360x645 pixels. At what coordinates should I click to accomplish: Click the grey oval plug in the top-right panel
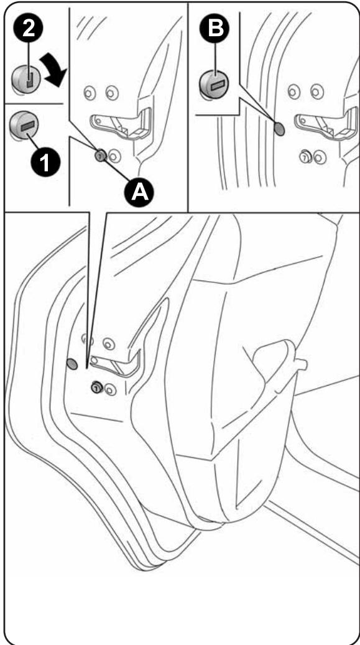(x=279, y=129)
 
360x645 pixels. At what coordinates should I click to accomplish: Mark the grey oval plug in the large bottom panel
(x=72, y=364)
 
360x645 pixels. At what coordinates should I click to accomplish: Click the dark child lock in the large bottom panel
(x=97, y=387)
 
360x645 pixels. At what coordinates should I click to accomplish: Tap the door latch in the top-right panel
(x=326, y=123)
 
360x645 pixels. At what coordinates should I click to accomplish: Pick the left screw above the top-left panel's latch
(x=90, y=93)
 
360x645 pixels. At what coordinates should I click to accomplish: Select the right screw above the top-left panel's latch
(x=112, y=93)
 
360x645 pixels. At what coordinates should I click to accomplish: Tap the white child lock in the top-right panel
(x=305, y=156)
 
